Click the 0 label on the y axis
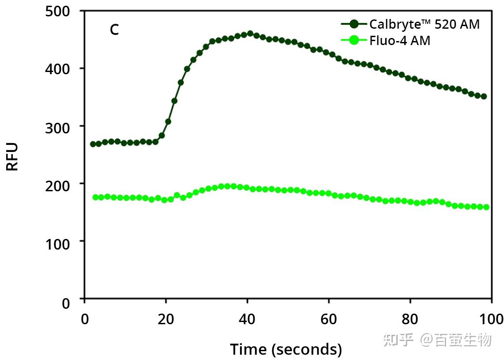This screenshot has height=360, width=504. point(66,303)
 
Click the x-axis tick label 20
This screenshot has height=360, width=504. point(165,318)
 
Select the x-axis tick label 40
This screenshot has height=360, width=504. point(247,318)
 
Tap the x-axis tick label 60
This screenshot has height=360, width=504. point(329,318)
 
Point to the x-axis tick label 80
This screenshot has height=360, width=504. point(410,318)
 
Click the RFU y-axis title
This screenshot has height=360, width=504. point(13,156)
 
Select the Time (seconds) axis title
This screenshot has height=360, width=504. point(286,349)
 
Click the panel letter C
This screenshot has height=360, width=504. point(114,30)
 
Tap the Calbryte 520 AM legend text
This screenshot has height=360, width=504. point(424,24)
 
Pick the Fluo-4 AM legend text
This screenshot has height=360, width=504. point(399,41)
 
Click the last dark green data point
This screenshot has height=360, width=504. point(483,96)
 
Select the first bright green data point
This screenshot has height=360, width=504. point(95,197)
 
